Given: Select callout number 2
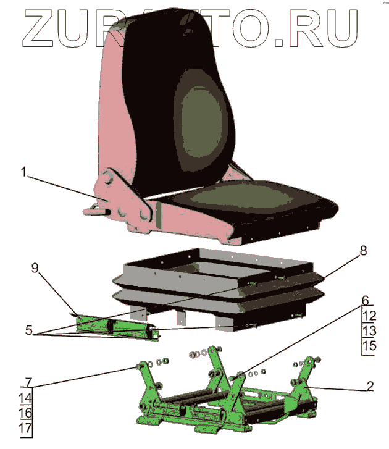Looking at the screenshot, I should tap(369, 387).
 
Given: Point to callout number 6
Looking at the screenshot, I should tap(366, 301).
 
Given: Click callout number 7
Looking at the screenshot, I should tap(26, 381).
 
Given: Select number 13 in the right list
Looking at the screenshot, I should tap(368, 331).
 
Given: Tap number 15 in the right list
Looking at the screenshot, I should tap(368, 346).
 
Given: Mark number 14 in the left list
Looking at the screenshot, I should tap(26, 397).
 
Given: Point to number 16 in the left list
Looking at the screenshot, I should tap(26, 413).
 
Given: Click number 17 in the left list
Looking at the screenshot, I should tap(26, 427).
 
